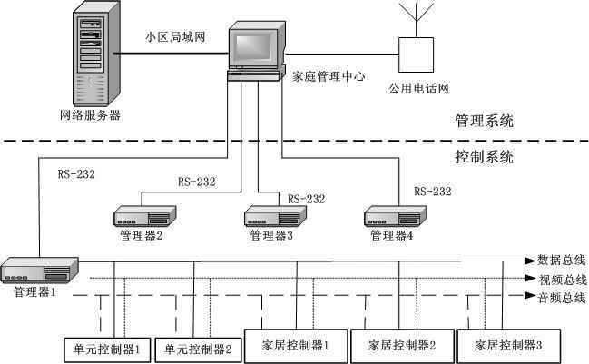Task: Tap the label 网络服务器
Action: (90, 115)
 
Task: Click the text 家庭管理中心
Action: (326, 77)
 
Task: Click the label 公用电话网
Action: (418, 89)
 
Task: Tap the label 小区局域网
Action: (175, 37)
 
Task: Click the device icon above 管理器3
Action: (272, 216)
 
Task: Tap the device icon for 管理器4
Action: (392, 216)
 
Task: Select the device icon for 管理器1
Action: (40, 271)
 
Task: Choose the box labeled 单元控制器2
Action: (196, 348)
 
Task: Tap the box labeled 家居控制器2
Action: (400, 345)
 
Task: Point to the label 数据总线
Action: (562, 261)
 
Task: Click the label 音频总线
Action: (562, 297)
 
